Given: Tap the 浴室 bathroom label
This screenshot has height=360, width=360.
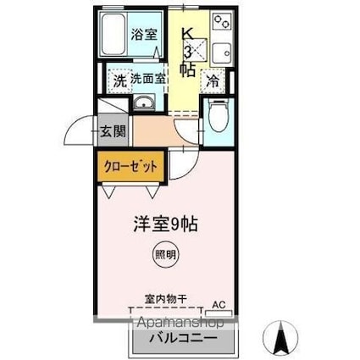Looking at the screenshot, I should pyautogui.click(x=144, y=35).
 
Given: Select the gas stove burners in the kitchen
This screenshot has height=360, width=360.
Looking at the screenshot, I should pyautogui.click(x=222, y=21).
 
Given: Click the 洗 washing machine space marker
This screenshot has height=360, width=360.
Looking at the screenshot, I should pyautogui.click(x=121, y=82).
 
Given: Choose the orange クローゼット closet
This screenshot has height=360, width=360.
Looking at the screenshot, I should pyautogui.click(x=130, y=165).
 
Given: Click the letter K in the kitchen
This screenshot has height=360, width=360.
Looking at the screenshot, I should pyautogui.click(x=189, y=36).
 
